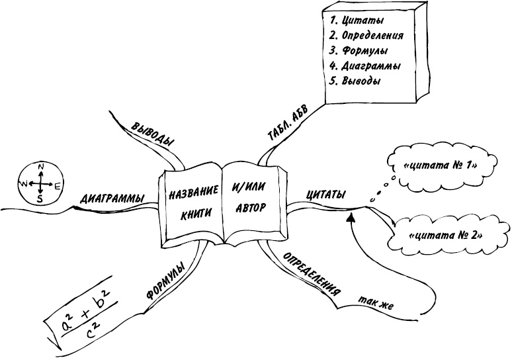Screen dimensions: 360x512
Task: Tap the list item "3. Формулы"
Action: point(358,51)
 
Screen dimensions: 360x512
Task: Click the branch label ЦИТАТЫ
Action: point(325,195)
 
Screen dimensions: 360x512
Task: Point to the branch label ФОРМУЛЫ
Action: point(164,283)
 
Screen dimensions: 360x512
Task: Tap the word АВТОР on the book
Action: point(250,207)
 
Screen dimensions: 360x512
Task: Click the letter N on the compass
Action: point(40,167)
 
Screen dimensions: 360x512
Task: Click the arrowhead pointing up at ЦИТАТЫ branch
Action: point(352,215)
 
